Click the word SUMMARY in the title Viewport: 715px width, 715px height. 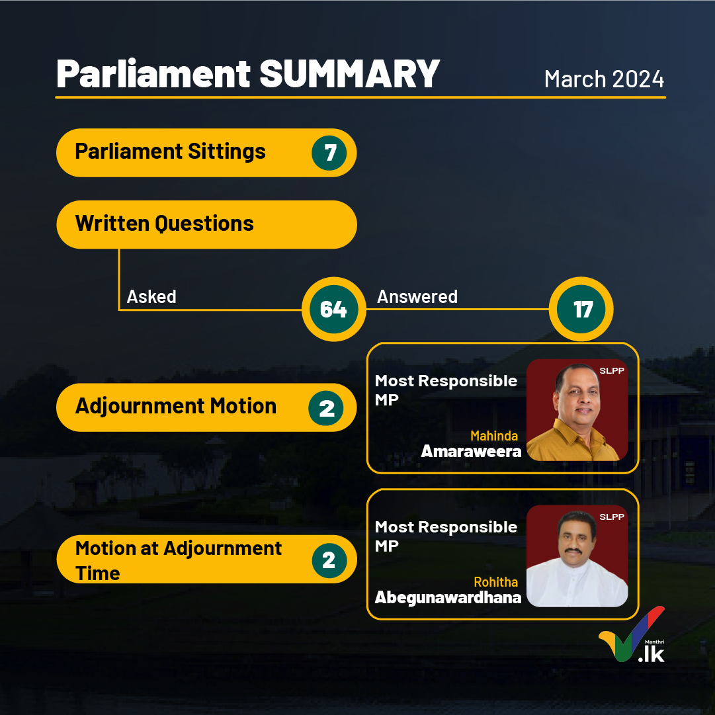click(349, 74)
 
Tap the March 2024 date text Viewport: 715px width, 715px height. click(604, 79)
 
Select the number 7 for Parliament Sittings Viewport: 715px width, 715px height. click(329, 153)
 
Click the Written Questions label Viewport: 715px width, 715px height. click(164, 224)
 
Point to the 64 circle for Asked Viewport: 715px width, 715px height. click(334, 309)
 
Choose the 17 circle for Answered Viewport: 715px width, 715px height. click(581, 309)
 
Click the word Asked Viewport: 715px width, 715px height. click(151, 297)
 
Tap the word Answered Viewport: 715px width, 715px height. click(417, 297)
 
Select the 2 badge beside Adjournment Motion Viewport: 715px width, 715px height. click(326, 408)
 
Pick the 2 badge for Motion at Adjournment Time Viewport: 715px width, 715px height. click(329, 560)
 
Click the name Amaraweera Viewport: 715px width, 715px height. click(471, 452)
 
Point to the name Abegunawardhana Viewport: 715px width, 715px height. click(448, 597)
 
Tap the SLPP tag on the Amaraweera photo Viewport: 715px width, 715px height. click(612, 370)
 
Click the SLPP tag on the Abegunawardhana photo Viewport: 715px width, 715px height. click(612, 517)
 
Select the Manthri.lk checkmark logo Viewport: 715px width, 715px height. click(632, 634)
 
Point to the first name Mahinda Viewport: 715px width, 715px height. click(494, 436)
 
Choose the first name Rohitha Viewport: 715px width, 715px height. click(495, 582)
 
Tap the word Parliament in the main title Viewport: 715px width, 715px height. click(153, 74)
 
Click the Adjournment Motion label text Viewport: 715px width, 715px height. click(175, 406)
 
